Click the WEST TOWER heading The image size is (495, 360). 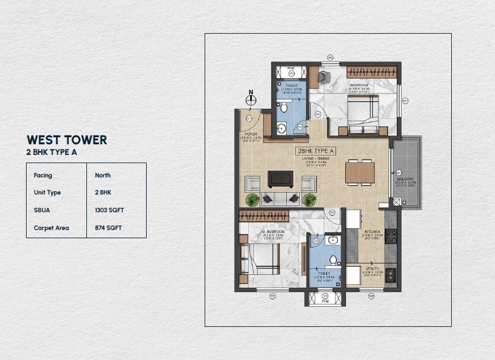[x=67, y=140]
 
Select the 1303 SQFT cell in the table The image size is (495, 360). [x=109, y=210]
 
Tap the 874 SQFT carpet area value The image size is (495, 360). [x=108, y=228]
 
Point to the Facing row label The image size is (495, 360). [x=43, y=176]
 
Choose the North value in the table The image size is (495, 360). [x=103, y=176]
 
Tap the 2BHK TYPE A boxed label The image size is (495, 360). [x=315, y=151]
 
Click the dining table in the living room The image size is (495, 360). [x=360, y=171]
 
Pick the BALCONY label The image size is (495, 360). [x=405, y=179]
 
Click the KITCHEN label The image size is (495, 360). [x=371, y=231]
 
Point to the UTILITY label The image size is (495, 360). [x=372, y=269]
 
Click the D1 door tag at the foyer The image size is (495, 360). [x=249, y=118]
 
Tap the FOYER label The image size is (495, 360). [x=251, y=134]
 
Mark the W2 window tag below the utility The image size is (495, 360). [x=371, y=296]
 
